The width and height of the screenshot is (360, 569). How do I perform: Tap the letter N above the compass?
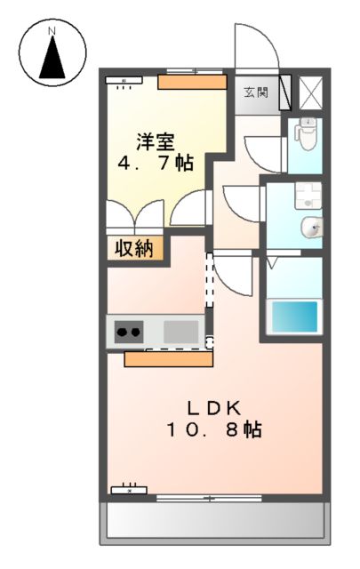tap(52, 32)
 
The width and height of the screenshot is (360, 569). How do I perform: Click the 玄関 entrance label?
tap(258, 92)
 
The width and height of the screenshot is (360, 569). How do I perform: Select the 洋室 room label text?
tap(156, 141)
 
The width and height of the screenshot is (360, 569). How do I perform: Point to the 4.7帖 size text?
tap(156, 164)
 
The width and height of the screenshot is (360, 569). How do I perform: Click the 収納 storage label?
tap(137, 248)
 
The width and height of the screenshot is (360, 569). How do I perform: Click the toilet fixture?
tap(307, 134)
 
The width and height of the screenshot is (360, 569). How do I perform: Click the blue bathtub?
tap(294, 316)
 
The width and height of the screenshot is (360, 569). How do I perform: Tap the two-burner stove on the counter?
tap(128, 333)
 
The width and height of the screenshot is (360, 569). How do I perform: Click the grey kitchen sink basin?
tap(181, 332)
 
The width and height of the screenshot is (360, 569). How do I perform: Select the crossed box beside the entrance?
tap(312, 92)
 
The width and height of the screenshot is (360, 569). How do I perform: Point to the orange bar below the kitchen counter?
tap(169, 359)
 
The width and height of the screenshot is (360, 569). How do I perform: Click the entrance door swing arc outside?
tap(257, 44)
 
